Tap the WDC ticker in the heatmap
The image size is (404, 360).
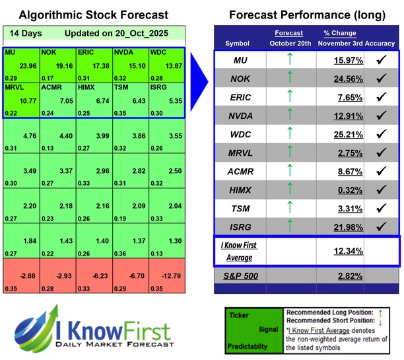[x=158, y=52]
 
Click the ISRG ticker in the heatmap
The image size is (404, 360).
[x=158, y=87]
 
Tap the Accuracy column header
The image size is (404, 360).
[x=378, y=44]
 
